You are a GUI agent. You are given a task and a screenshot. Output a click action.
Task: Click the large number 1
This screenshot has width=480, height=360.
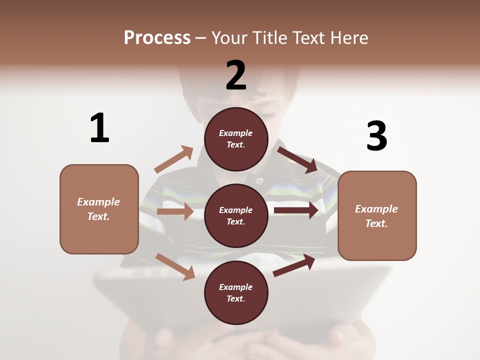[99, 128]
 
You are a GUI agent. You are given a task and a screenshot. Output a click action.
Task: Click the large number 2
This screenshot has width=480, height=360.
[236, 75]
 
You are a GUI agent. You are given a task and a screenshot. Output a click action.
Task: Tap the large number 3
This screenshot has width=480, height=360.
[376, 136]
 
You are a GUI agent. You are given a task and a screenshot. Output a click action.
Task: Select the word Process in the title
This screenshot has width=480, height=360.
[157, 38]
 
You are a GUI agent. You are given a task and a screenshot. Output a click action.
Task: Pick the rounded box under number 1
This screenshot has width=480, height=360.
[99, 209]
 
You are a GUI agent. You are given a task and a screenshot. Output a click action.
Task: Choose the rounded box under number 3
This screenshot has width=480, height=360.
[377, 215]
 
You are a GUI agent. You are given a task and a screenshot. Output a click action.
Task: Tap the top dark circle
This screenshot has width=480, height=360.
[236, 139]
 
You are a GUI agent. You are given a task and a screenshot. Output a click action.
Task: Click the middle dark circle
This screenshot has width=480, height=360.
[236, 215]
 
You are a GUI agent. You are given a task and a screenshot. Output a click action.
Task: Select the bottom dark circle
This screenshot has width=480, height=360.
[236, 292]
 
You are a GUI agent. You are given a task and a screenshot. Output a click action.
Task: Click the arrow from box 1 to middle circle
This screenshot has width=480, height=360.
[175, 211]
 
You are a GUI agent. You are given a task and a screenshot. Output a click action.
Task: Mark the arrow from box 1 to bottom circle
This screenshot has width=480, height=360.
[175, 266]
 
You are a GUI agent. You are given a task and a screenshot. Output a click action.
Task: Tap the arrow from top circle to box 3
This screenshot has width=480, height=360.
[297, 159]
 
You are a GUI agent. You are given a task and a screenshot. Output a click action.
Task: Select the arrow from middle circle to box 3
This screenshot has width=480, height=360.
[296, 210]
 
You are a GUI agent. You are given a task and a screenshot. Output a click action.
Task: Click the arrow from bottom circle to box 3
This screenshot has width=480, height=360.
[294, 265]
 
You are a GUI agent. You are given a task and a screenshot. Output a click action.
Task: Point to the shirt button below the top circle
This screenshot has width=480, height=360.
[259, 180]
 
